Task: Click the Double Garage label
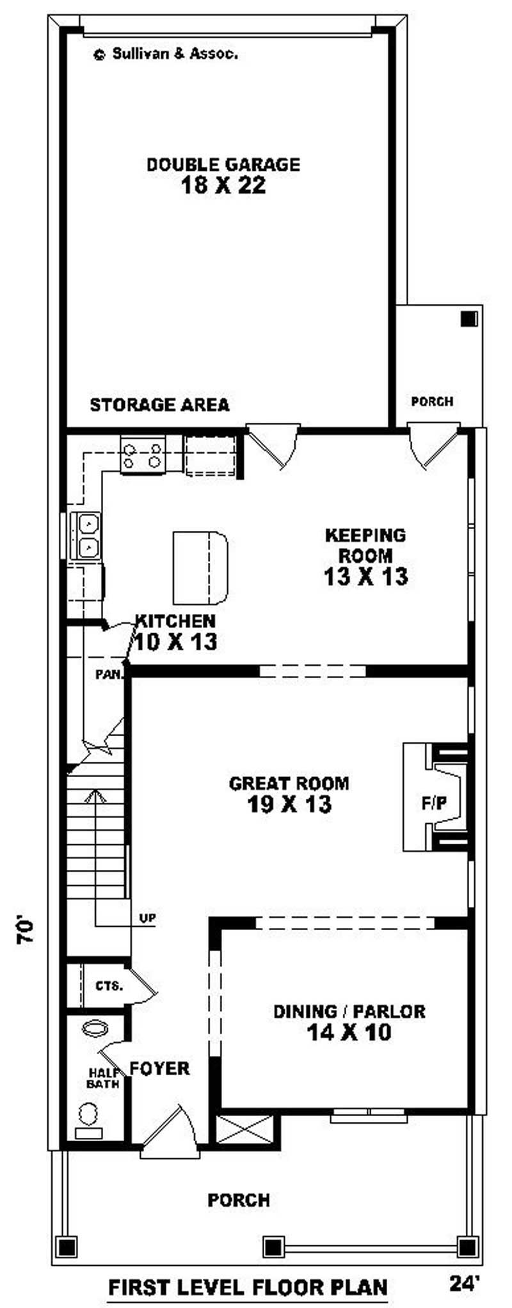(223, 164)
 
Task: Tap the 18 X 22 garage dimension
(223, 185)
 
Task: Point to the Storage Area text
(159, 405)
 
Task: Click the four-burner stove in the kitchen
(143, 454)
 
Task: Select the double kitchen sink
(87, 536)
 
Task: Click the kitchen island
(200, 567)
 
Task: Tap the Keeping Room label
(365, 545)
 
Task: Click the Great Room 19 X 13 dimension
(289, 804)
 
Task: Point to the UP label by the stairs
(148, 919)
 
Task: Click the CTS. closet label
(109, 986)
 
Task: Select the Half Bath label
(102, 1078)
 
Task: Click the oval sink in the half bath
(96, 1028)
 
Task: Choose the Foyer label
(160, 1069)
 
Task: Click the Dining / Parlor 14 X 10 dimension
(349, 1032)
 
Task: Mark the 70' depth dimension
(24, 933)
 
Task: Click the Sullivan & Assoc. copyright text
(166, 54)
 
